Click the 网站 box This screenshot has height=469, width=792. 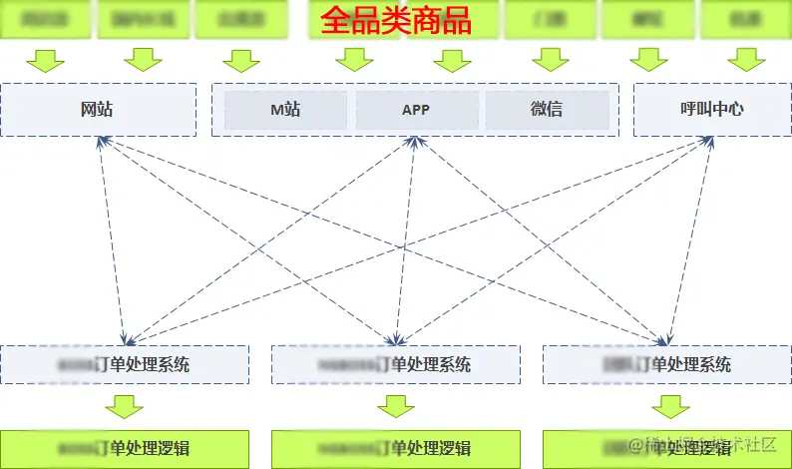[97, 110]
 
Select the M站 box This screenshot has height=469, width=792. [285, 110]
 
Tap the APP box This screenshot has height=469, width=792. [416, 110]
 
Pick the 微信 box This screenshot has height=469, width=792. [547, 110]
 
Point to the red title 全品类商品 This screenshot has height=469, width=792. [395, 21]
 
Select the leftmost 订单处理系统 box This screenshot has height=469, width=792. [125, 364]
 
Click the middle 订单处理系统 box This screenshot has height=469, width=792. [396, 364]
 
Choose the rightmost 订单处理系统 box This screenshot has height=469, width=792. [666, 364]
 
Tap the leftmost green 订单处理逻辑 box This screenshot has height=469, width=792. [125, 448]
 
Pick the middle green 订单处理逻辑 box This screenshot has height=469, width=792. [396, 448]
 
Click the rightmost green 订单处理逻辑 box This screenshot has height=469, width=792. [666, 448]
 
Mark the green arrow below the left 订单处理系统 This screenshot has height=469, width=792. [125, 406]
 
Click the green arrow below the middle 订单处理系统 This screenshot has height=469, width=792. [396, 406]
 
